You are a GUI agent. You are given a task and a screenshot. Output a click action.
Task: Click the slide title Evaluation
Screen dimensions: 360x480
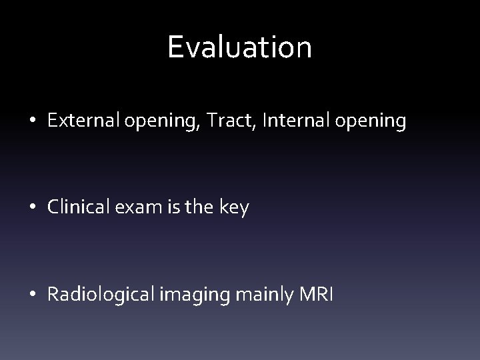point(239,47)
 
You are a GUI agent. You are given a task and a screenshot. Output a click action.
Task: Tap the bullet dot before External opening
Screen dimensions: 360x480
point(33,122)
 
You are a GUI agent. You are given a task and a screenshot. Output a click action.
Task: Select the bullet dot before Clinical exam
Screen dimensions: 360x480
point(33,208)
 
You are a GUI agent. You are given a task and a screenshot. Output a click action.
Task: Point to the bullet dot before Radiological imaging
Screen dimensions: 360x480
point(33,295)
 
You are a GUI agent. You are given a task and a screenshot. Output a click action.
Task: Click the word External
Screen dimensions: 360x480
point(77,121)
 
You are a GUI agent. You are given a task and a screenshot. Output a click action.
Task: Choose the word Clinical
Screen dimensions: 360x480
point(74,207)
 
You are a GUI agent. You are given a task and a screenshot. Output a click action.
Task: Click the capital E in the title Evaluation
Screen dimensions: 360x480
point(177,47)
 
